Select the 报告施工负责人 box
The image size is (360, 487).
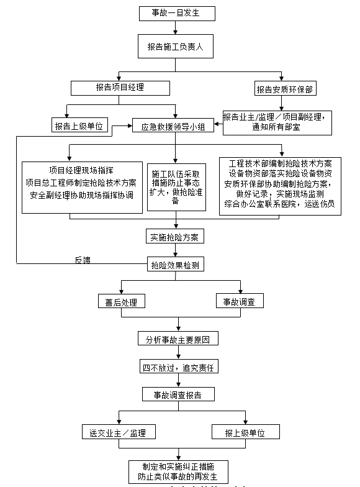pyautogui.click(x=176, y=46)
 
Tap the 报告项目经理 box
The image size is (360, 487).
pyautogui.click(x=120, y=88)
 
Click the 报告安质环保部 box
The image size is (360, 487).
pyautogui.click(x=284, y=89)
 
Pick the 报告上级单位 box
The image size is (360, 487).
pyautogui.click(x=81, y=126)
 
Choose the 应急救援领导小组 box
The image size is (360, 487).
pyautogui.click(x=173, y=126)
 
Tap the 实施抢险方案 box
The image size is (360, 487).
pyautogui.click(x=173, y=237)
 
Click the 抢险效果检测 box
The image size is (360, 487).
pyautogui.click(x=175, y=265)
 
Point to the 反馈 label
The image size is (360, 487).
pyautogui.click(x=83, y=260)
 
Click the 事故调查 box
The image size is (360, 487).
pyautogui.click(x=239, y=302)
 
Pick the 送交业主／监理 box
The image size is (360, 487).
pyautogui.click(x=118, y=432)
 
